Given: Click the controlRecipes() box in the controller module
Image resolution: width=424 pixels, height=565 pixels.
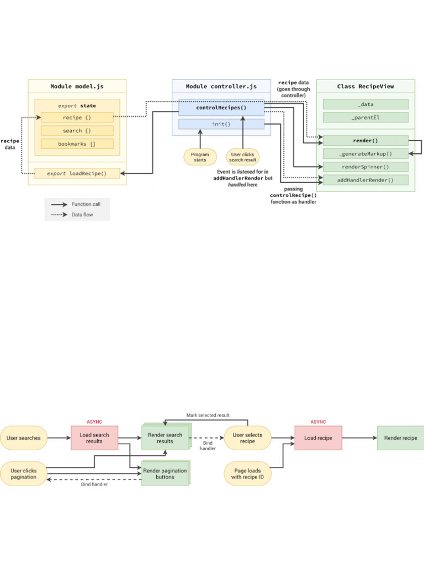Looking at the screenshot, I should (221, 108).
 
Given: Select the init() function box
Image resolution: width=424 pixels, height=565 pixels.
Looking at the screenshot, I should (221, 124).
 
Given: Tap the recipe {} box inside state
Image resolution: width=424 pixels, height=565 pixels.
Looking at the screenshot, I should (77, 118).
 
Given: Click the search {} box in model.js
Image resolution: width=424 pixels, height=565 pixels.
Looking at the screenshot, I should (77, 131).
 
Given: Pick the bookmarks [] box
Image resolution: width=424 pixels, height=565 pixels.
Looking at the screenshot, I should (77, 144).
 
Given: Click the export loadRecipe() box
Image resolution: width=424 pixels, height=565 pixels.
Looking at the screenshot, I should (77, 173).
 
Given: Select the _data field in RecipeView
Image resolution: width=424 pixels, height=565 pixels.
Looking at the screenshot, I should (365, 104).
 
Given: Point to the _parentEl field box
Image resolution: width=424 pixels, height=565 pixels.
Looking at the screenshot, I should (365, 118).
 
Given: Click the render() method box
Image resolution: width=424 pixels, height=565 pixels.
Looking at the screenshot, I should (365, 141).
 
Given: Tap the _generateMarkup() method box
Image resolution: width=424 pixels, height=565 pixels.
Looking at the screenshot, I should (365, 154).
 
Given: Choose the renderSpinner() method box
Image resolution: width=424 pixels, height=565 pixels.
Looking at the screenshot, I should (365, 167).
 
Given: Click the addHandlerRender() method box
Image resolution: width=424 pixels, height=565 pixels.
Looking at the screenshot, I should (365, 180).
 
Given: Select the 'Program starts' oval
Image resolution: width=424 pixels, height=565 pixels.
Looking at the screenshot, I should (200, 157).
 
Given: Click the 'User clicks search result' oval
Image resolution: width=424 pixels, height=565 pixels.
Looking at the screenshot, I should (242, 157).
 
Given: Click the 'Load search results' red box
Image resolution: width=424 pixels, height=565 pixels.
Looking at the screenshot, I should (94, 438).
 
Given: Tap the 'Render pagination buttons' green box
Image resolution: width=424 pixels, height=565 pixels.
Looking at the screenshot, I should (165, 473).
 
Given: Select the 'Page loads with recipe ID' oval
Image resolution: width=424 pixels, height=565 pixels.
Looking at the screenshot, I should (248, 474).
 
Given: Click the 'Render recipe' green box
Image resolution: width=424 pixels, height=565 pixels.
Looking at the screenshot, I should (401, 438).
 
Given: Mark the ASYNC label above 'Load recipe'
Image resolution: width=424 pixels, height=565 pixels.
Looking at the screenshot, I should (318, 422).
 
